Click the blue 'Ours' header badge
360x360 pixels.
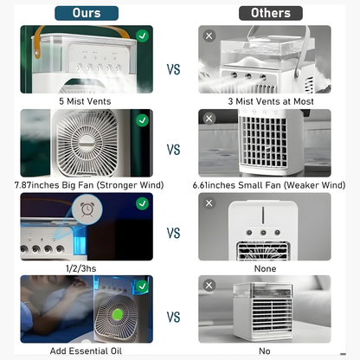pyautogui.click(x=87, y=13)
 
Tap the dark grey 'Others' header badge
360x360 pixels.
pyautogui.click(x=271, y=13)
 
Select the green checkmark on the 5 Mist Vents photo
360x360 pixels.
pyautogui.click(x=143, y=35)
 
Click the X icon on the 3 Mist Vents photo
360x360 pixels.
pyautogui.click(x=209, y=36)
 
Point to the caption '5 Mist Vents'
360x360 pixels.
pyautogui.click(x=85, y=101)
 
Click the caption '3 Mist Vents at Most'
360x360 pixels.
pyautogui.click(x=271, y=101)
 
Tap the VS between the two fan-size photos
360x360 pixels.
pyautogui.click(x=173, y=150)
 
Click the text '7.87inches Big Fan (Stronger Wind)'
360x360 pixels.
pyautogui.click(x=89, y=185)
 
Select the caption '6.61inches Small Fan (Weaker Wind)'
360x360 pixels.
pyautogui.click(x=269, y=185)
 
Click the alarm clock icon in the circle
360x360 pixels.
pyautogui.click(x=87, y=209)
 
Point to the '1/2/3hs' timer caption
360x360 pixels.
pyautogui.click(x=81, y=268)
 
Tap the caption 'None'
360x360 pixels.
pyautogui.click(x=265, y=268)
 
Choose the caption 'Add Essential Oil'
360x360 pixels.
pyautogui.click(x=86, y=351)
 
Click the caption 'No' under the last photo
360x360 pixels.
pyautogui.click(x=265, y=351)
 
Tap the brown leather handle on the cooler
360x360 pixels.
pyautogui.click(x=39, y=41)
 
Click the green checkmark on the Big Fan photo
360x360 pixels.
pyautogui.click(x=143, y=120)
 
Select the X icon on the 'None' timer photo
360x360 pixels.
pyautogui.click(x=209, y=203)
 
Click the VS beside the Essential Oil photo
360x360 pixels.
pyautogui.click(x=173, y=317)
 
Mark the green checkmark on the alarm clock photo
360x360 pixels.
pyautogui.click(x=143, y=203)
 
